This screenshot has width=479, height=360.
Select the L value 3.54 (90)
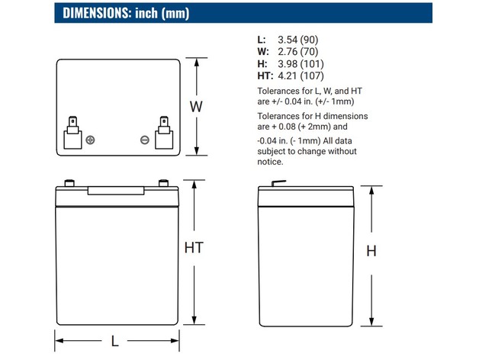297,40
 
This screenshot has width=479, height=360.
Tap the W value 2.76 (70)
297,52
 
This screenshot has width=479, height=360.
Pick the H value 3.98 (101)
301,64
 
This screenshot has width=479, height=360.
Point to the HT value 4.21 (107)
301,76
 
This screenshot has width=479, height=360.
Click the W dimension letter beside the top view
196,107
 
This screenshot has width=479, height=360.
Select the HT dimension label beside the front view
194,248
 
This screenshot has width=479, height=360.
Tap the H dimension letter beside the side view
371,251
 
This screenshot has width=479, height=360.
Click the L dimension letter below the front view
114,342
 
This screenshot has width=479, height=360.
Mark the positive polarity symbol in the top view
90,140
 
